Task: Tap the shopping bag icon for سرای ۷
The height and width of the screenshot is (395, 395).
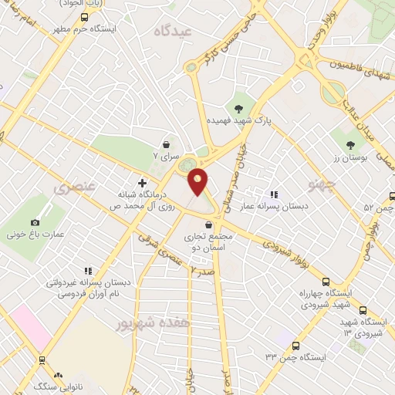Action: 167,144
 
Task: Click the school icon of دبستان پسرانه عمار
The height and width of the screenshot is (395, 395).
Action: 273,194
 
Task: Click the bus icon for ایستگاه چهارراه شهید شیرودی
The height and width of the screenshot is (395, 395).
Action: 326,282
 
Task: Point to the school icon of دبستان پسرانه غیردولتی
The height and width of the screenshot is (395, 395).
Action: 88,271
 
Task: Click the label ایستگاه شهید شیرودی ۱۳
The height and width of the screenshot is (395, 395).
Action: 362,326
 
